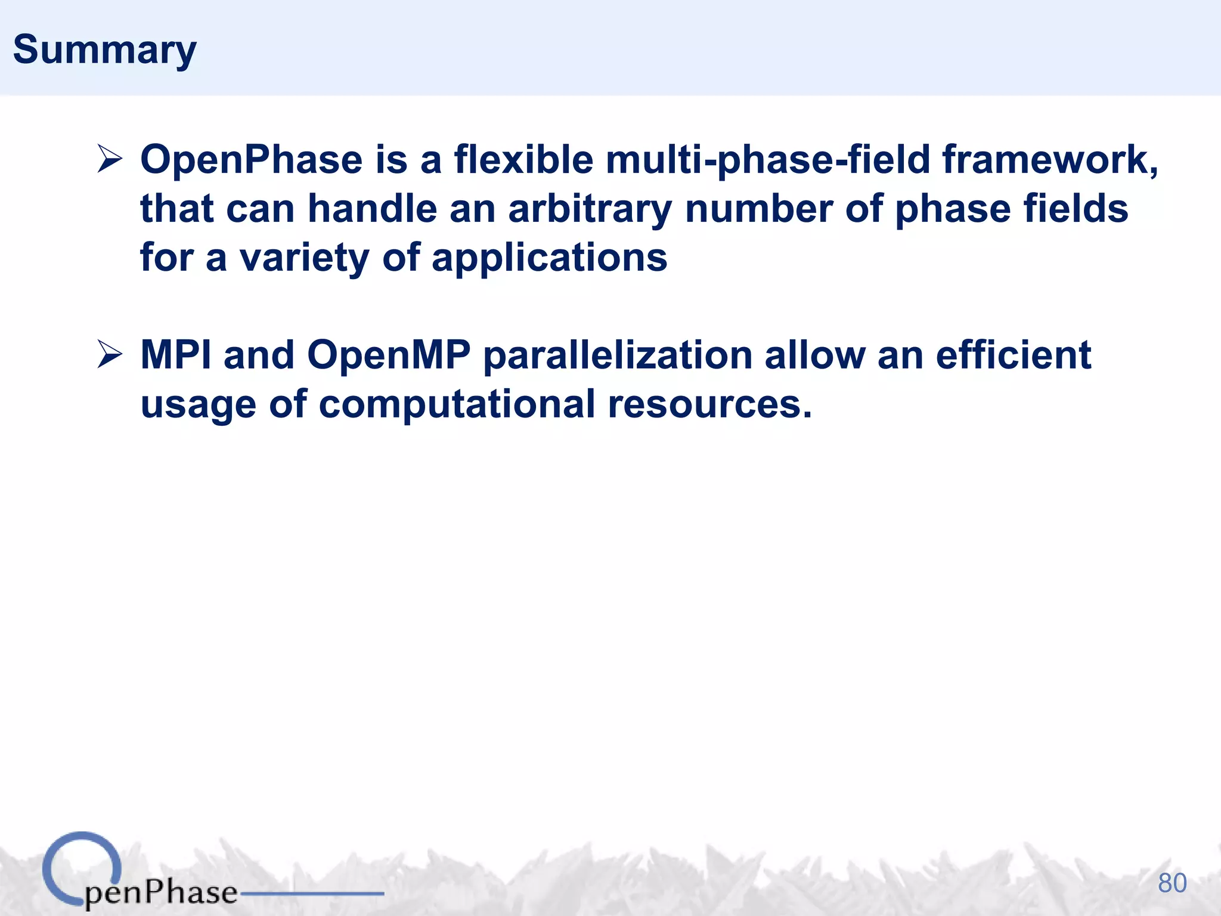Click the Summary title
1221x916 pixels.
click(104, 50)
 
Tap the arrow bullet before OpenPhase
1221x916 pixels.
click(110, 160)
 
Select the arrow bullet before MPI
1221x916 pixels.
click(110, 355)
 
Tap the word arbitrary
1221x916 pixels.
click(590, 209)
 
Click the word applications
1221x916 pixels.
click(549, 258)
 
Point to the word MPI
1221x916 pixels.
click(176, 355)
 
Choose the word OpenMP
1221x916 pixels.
click(389, 355)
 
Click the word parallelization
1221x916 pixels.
click(618, 356)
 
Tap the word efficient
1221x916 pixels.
click(1013, 355)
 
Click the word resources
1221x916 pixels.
click(709, 405)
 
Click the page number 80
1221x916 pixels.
click(1172, 883)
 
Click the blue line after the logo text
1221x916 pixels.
click(311, 893)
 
